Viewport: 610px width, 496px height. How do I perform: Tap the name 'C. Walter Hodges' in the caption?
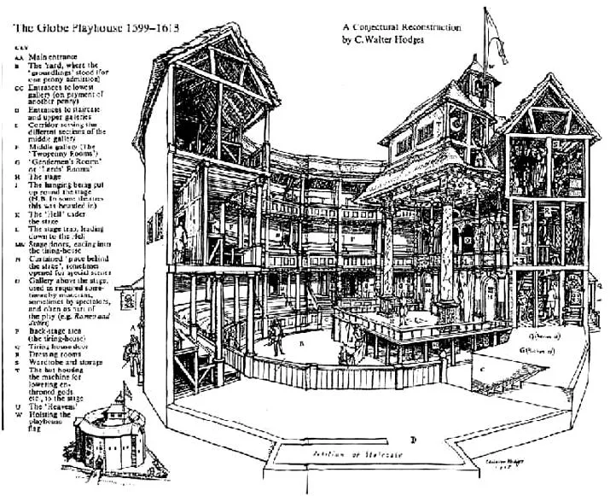(x=392, y=40)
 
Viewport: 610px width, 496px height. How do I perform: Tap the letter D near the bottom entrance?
(x=412, y=439)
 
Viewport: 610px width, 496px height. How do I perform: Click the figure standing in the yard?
(x=344, y=351)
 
